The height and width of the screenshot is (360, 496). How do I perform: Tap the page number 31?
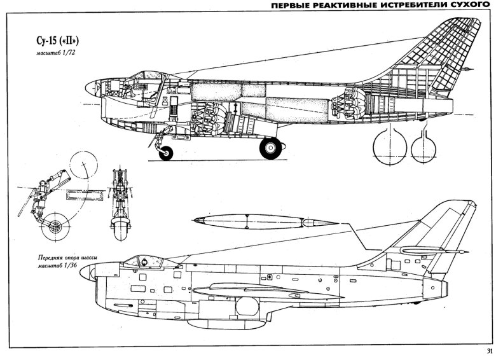click(488, 352)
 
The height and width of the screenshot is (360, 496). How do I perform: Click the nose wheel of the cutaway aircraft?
click(167, 153)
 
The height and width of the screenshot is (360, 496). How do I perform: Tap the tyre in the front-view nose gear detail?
click(118, 224)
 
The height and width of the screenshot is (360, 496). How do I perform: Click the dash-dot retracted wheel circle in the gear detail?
click(84, 167)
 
